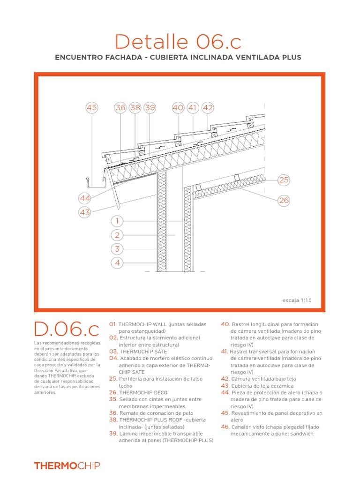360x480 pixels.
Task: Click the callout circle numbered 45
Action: pos(92,108)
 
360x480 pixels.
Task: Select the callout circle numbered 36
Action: pos(120,108)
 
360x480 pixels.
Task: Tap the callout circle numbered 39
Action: pos(150,108)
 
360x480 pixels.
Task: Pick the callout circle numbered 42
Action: pos(207,108)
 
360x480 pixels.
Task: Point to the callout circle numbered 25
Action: pos(284,180)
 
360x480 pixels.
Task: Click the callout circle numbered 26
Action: pos(284,201)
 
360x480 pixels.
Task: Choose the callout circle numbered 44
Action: pos(85,199)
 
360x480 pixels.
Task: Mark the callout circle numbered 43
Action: pos(85,212)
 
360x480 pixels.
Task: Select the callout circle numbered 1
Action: pos(117,221)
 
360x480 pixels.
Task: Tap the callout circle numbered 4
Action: pos(117,263)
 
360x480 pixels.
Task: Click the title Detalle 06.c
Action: pos(178,42)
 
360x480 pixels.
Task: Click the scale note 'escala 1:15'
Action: pos(297,300)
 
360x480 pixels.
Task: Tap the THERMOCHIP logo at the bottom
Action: pos(67,465)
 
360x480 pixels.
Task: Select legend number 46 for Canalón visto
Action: pos(225,427)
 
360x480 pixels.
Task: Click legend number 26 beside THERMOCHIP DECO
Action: pos(113,392)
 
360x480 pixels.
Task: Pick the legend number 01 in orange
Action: pos(113,324)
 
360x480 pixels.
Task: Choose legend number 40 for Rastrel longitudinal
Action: pos(225,324)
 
